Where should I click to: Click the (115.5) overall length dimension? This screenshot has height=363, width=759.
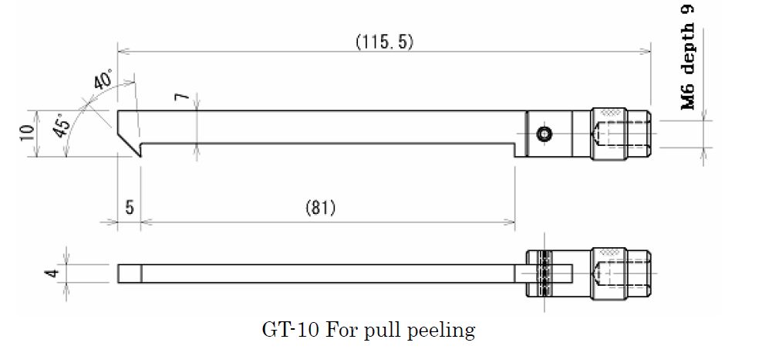pyautogui.click(x=385, y=42)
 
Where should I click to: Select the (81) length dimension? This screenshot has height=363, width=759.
pyautogui.click(x=320, y=208)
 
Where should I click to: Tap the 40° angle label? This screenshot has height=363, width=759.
pyautogui.click(x=103, y=79)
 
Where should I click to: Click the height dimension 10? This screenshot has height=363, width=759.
pyautogui.click(x=27, y=133)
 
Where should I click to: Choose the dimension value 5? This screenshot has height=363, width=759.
pyautogui.click(x=130, y=208)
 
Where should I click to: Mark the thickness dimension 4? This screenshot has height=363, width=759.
pyautogui.click(x=53, y=273)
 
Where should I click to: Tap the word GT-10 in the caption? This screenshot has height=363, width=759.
pyautogui.click(x=291, y=331)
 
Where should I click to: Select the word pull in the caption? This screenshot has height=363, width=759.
pyautogui.click(x=382, y=331)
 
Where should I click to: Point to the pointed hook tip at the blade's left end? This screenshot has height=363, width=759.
pyautogui.click(x=141, y=157)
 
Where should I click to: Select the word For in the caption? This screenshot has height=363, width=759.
pyautogui.click(x=342, y=331)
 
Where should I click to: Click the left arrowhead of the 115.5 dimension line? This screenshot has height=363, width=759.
pyautogui.click(x=124, y=51)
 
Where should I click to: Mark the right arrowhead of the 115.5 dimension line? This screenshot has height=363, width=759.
pyautogui.click(x=644, y=51)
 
